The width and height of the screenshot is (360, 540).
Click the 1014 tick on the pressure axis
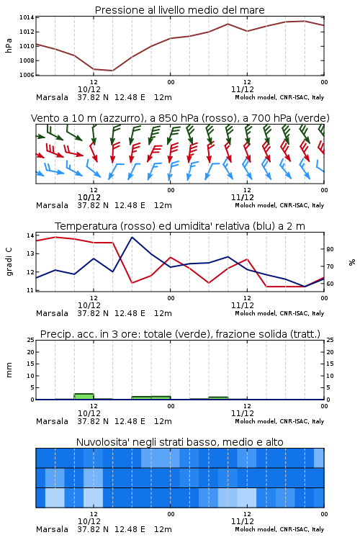pyautogui.click(x=27, y=17)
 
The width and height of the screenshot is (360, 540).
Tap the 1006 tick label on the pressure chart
pyautogui.click(x=27, y=75)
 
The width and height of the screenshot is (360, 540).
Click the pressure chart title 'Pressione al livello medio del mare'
pyautogui.click(x=180, y=10)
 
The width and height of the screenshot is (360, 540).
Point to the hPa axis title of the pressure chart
pyautogui.click(x=9, y=45)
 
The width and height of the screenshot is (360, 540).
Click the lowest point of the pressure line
pyautogui.click(x=112, y=71)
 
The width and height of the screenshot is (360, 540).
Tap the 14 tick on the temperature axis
pyautogui.click(x=30, y=235)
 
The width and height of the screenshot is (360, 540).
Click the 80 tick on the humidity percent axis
pyautogui.click(x=330, y=249)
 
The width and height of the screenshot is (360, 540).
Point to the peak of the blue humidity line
pyautogui.click(x=132, y=237)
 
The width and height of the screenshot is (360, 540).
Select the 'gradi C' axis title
pyautogui.click(x=9, y=262)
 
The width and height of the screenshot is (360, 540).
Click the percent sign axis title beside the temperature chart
pyautogui.click(x=352, y=262)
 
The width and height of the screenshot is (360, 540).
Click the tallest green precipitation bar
pyautogui.click(x=84, y=397)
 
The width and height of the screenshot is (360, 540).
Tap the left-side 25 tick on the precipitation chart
pyautogui.click(x=30, y=340)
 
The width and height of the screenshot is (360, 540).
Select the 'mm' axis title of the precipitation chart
pyautogui.click(x=9, y=370)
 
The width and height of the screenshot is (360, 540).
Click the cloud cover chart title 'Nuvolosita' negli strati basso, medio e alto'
pyautogui.click(x=180, y=442)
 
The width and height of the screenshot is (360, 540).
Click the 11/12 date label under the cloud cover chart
pyautogui.click(x=243, y=521)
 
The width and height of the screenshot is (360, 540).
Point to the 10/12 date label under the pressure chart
pyautogui.click(x=89, y=89)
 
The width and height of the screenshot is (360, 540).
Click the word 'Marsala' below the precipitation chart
pyautogui.click(x=52, y=421)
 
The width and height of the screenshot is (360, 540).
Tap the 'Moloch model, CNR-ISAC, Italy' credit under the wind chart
pyautogui.click(x=279, y=206)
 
